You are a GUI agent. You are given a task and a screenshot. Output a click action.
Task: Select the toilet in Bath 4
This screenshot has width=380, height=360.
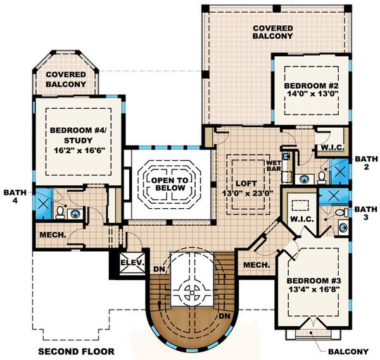coord(60,211)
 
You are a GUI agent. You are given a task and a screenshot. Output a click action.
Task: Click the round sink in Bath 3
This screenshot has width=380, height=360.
coord(345,226)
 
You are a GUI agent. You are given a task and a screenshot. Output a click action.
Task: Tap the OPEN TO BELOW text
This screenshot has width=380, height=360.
coord(169,185)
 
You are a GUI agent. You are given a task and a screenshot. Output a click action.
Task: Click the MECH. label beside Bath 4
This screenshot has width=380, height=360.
coord(49,234)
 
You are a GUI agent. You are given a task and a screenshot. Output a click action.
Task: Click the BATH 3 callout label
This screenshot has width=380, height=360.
coord(365,213)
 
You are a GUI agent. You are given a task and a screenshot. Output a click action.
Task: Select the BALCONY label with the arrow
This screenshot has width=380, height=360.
coord(348,351)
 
